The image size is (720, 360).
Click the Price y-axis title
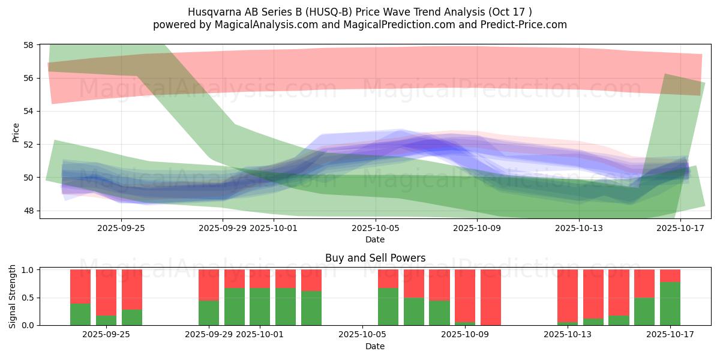16,132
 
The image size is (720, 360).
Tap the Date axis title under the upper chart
375,239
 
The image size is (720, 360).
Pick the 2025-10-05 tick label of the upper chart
375,228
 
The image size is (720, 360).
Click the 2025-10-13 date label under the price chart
579,228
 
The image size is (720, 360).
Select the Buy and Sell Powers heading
375,258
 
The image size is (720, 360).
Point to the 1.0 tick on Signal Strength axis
28,270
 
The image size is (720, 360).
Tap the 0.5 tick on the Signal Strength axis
28,298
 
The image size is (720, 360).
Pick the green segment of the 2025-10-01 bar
260,307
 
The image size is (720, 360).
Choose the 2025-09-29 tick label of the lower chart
209,334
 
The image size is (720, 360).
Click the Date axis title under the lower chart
375,346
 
